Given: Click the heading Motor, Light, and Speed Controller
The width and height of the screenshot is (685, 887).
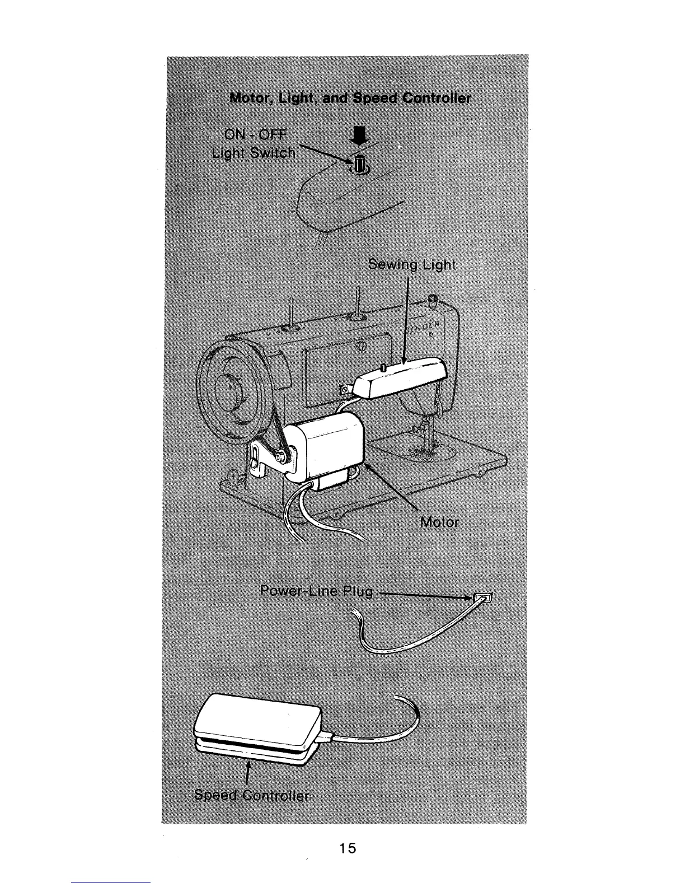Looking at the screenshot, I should [350, 99].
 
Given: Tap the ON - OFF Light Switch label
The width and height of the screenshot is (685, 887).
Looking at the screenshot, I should [253, 144].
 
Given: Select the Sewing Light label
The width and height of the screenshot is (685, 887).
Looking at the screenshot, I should [412, 265].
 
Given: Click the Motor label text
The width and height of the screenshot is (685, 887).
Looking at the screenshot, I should [439, 522].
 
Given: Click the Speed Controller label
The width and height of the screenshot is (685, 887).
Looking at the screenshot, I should [251, 796].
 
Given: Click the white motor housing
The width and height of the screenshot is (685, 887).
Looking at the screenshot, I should [325, 442].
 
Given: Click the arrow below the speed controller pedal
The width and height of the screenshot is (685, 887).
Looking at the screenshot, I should [247, 773].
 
